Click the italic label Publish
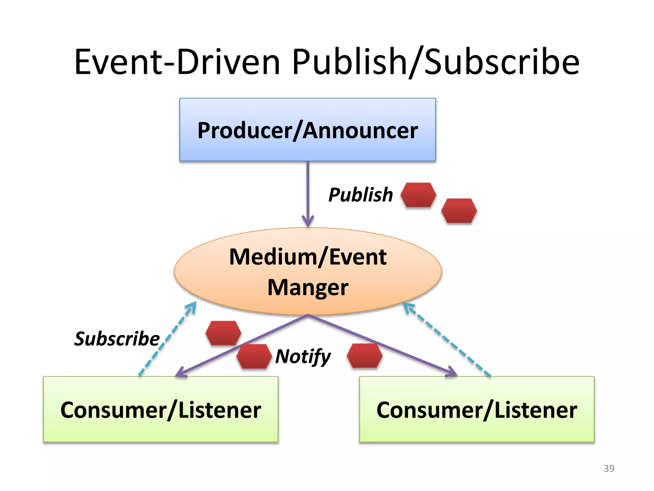[x=361, y=195]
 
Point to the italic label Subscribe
[x=117, y=339]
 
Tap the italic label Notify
[x=303, y=356]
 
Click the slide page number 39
[x=609, y=468]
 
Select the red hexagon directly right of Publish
[x=418, y=195]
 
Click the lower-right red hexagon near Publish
[x=459, y=211]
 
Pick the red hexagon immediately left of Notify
[x=254, y=356]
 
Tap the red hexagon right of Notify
[x=364, y=356]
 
